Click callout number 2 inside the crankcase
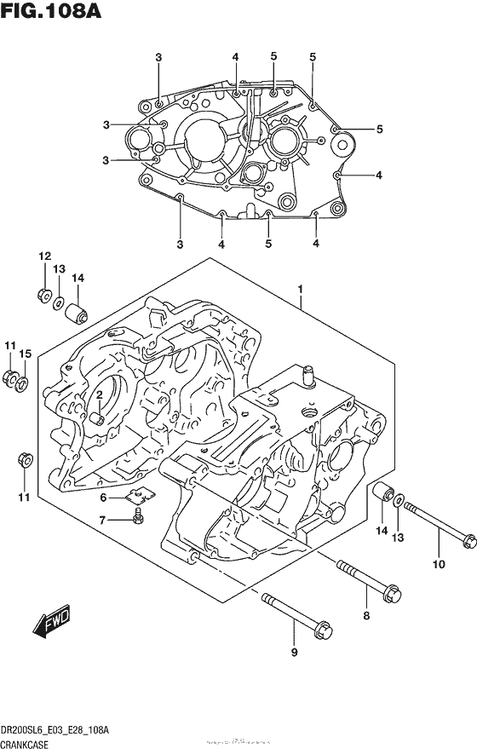coord(100,394)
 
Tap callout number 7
coord(102,520)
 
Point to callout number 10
coord(440,563)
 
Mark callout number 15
coord(26,354)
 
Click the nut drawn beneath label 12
coord(43,295)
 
